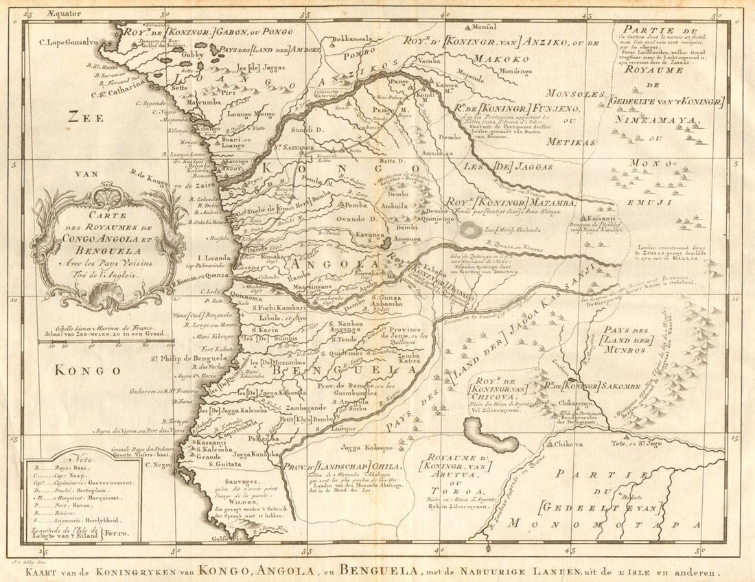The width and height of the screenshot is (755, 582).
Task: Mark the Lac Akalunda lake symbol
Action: [x=472, y=231]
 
